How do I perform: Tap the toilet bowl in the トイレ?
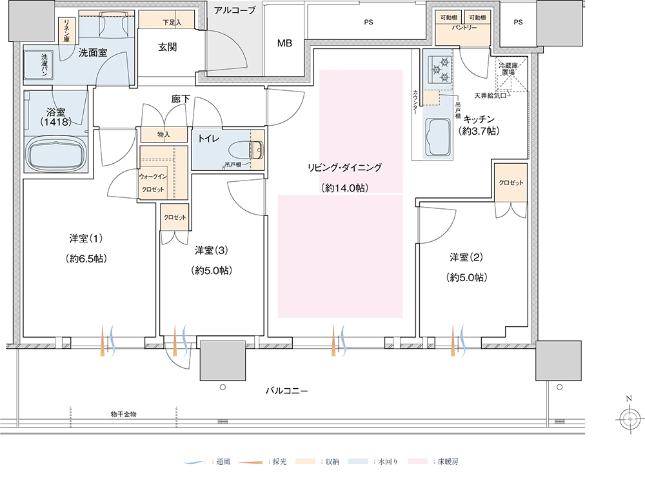246,150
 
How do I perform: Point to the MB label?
284,43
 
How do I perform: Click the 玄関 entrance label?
168,47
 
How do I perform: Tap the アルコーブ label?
235,10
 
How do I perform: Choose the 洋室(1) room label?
86,238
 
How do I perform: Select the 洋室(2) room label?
466,257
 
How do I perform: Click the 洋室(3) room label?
211,250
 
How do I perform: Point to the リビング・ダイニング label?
344,168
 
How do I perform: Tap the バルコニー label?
286,391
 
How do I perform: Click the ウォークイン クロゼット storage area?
164,173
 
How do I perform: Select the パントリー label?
464,28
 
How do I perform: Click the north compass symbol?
630,419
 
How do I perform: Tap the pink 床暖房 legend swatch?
417,462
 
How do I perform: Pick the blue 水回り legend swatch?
357,462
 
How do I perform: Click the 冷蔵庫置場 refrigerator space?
511,74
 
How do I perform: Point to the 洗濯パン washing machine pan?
37,64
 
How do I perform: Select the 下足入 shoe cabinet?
166,20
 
